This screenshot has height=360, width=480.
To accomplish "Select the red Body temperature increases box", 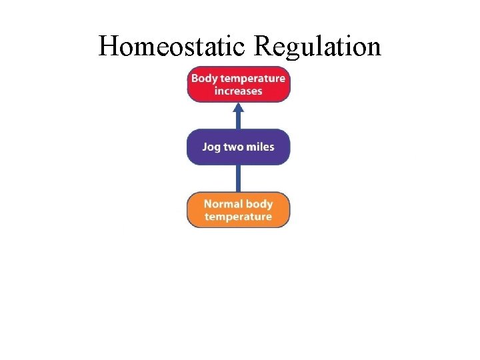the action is tap(238, 84).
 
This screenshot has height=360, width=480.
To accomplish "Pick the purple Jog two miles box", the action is tap(238, 147).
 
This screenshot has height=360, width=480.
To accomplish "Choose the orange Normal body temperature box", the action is tap(238, 210).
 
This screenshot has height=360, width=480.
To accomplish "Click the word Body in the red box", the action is tap(203, 78).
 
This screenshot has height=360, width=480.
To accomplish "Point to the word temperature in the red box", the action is tap(251, 79).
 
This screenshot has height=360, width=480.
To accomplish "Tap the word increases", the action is tap(238, 91).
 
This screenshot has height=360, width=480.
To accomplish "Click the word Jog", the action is tap(211, 147).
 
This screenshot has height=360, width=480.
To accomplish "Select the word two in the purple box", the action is tap(233, 147).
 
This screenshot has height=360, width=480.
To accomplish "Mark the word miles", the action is tap(259, 147).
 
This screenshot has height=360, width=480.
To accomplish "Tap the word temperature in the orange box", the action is tap(238, 217).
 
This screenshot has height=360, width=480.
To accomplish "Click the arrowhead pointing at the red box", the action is tap(238, 108).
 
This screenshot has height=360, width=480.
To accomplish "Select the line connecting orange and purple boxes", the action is tap(238, 178).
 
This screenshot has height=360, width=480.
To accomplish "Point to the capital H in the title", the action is tap(109, 47).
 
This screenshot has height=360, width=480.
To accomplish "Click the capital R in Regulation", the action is tap(264, 47).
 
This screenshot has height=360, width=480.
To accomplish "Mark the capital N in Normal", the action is tap(208, 204).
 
